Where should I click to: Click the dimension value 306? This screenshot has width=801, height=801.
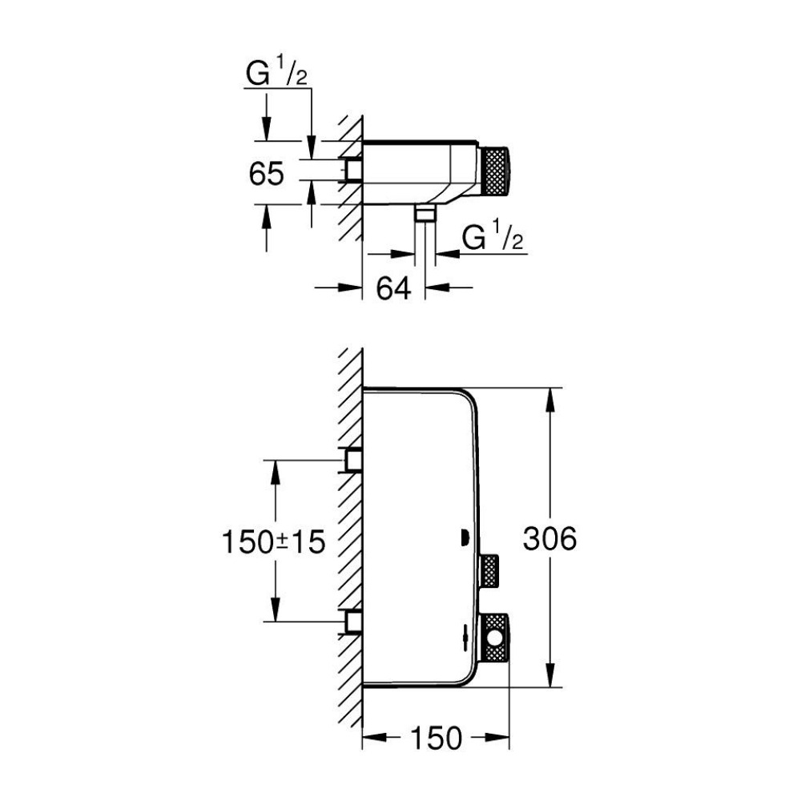click(549, 538)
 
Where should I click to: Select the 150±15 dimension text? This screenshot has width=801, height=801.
click(274, 541)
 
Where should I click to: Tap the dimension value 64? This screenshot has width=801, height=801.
click(393, 288)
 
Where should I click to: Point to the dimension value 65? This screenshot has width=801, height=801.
click(266, 173)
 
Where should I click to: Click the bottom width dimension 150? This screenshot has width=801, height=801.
click(436, 739)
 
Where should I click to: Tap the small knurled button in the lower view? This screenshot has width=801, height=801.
click(489, 570)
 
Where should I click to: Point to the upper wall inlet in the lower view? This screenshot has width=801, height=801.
click(353, 460)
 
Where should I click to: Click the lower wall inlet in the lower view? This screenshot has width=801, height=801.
click(353, 622)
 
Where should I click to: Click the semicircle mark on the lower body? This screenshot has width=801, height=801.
click(465, 538)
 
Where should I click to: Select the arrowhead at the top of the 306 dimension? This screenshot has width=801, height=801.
click(550, 399)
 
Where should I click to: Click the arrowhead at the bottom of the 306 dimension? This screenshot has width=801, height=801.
click(550, 676)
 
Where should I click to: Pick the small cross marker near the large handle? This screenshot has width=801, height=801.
click(465, 638)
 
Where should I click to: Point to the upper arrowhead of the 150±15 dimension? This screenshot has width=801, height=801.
click(275, 472)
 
